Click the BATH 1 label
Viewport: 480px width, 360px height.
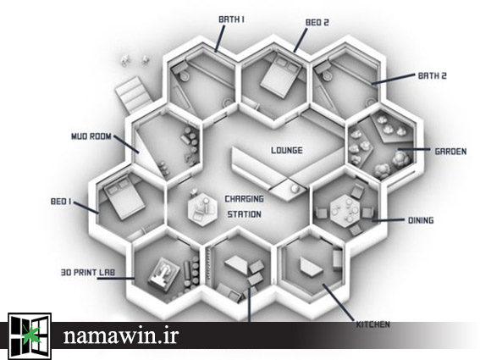[x=231, y=19]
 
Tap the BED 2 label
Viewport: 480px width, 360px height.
[x=317, y=23]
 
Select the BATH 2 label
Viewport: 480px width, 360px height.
[x=433, y=75]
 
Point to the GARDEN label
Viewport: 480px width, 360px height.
[x=450, y=152]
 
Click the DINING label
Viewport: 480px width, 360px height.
[x=421, y=220]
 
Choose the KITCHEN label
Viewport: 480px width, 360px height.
[x=372, y=324]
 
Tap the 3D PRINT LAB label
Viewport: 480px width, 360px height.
[x=88, y=273]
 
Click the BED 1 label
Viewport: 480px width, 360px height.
[x=61, y=202]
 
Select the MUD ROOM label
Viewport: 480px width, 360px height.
[x=91, y=136]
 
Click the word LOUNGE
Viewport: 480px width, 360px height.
[x=287, y=151]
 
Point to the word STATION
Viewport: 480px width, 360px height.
[x=245, y=214]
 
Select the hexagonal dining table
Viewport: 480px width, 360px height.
[x=345, y=210]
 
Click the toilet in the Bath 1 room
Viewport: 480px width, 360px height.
[x=182, y=72]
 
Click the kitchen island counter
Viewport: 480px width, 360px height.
[x=311, y=266]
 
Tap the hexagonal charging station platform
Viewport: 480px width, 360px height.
[x=202, y=209]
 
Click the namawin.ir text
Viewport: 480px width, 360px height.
[x=120, y=335]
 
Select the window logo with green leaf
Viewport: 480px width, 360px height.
[x=30, y=335]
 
